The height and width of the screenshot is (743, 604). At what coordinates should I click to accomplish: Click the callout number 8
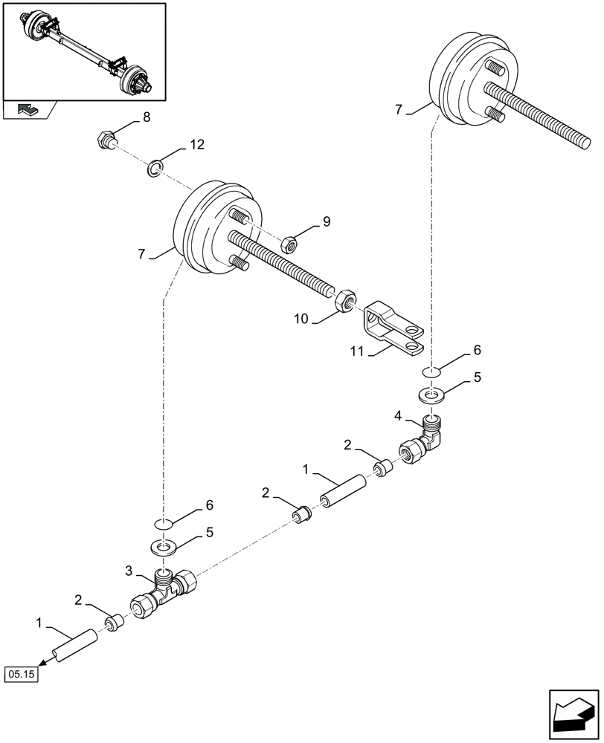[x=147, y=117]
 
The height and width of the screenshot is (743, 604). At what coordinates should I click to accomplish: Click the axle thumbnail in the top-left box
[x=83, y=51]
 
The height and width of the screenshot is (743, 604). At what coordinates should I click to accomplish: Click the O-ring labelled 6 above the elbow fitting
[x=434, y=371]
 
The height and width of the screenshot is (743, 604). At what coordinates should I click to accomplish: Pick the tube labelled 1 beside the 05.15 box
[x=72, y=643]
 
